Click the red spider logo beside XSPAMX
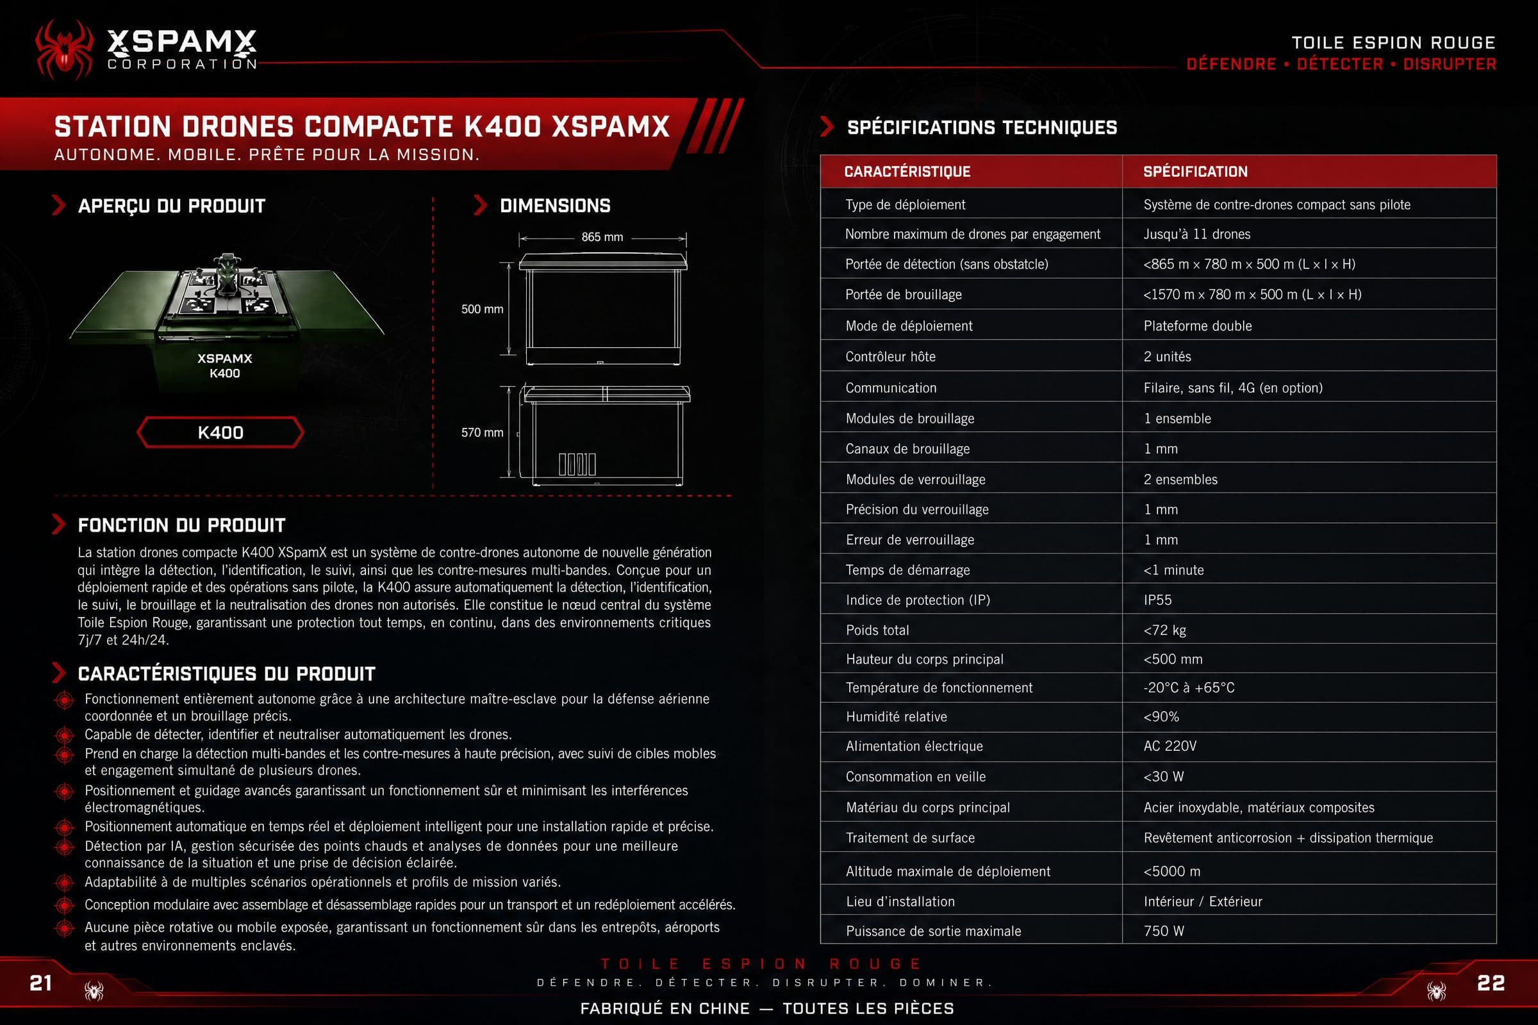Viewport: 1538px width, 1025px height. tap(64, 50)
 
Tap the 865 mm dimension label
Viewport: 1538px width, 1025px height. tap(602, 236)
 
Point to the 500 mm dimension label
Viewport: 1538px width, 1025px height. tap(482, 309)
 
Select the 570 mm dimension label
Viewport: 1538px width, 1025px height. tap(482, 432)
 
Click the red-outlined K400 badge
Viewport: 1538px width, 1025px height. tap(220, 432)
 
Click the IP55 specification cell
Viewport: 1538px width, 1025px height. tap(1157, 600)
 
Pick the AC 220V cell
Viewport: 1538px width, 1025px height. tap(1170, 746)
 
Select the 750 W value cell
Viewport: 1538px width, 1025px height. tap(1163, 931)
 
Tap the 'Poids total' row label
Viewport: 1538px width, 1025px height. tap(877, 630)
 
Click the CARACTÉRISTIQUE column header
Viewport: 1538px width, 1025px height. tap(907, 171)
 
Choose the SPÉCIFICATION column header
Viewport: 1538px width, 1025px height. tap(1195, 171)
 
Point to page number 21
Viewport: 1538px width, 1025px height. tap(40, 983)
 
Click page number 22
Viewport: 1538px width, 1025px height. tap(1491, 983)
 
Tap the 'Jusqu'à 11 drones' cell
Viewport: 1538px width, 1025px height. tap(1196, 234)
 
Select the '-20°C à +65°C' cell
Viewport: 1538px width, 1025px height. tap(1189, 687)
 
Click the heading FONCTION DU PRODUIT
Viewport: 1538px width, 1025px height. tap(182, 525)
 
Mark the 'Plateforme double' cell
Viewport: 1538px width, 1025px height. tap(1197, 325)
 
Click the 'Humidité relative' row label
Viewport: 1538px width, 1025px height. tap(896, 716)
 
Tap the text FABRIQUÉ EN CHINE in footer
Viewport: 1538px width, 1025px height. tap(665, 1008)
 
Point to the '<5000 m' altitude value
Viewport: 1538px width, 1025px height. tap(1172, 871)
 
